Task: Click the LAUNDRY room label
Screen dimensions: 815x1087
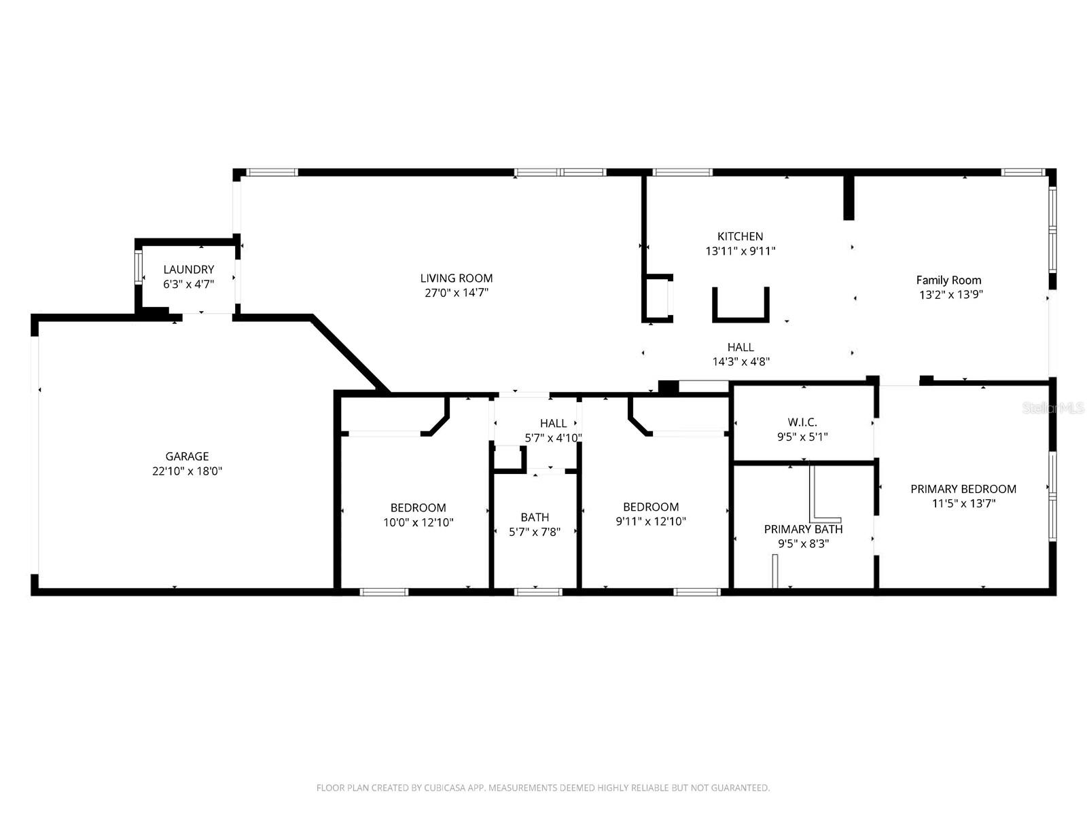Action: click(188, 270)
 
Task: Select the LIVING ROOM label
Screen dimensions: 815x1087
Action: click(456, 278)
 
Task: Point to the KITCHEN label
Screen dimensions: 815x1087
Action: click(740, 236)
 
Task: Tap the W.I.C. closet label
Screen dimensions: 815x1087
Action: click(802, 422)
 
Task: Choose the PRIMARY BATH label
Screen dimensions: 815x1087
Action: click(803, 529)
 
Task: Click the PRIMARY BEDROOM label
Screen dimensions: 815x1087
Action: click(963, 489)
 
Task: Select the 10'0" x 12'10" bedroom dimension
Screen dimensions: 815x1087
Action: click(418, 522)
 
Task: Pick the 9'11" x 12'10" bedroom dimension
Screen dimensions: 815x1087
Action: click(651, 522)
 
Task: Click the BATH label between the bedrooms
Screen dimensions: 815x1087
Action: click(535, 518)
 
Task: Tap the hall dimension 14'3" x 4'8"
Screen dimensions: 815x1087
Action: click(741, 362)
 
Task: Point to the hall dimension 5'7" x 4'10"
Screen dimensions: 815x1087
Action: click(553, 438)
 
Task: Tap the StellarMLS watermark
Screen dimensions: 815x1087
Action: click(1053, 408)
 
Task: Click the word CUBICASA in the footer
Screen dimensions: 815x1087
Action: click(444, 788)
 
